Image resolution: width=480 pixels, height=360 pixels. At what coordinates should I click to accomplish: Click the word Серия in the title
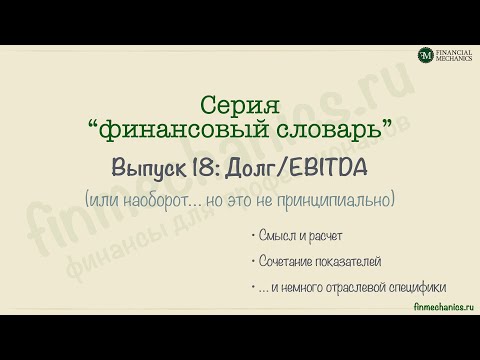(x=240, y=103)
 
